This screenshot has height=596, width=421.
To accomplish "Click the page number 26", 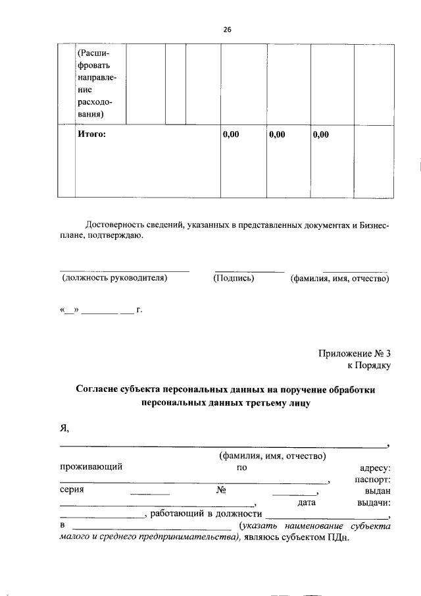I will [x=228, y=30].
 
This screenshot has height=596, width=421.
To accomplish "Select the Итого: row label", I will [x=91, y=135].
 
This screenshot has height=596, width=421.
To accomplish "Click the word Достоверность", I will [x=117, y=226].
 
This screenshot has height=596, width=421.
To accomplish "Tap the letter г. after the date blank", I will [x=139, y=309].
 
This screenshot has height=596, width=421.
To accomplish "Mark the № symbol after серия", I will [x=221, y=491].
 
